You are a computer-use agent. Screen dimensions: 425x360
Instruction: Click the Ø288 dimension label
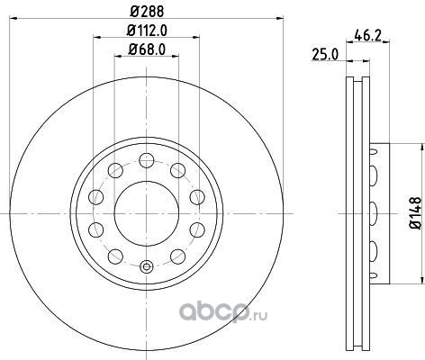(147, 12)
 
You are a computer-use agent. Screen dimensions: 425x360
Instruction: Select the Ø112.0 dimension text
(147, 31)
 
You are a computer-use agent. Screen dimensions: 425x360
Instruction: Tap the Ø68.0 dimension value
(147, 49)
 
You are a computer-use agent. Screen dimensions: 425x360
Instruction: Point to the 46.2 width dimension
(367, 36)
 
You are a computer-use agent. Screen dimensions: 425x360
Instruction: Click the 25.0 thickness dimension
(325, 55)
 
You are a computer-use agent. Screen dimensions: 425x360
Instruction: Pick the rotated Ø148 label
(416, 213)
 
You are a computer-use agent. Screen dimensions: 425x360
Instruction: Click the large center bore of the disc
(147, 213)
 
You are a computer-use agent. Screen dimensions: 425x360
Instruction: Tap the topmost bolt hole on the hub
(147, 160)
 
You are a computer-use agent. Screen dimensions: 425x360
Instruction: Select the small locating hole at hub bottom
(147, 266)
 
